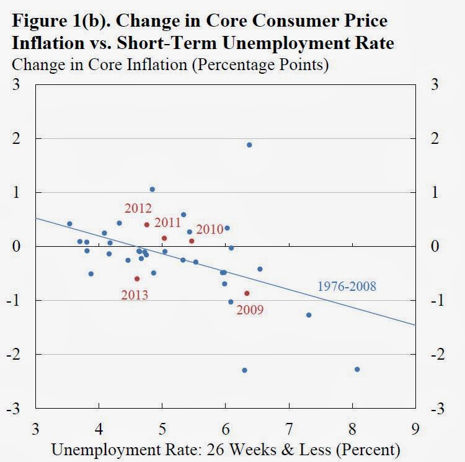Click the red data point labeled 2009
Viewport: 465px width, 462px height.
[247, 293]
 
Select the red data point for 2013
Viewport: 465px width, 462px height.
[137, 279]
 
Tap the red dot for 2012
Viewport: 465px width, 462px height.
[147, 224]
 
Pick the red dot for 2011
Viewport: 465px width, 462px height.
[164, 238]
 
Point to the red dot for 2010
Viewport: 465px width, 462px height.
[192, 241]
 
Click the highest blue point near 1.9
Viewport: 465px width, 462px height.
[249, 145]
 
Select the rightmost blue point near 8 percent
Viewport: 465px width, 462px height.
[357, 369]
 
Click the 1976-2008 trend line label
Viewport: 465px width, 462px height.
[347, 287]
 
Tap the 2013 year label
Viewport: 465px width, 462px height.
[135, 295]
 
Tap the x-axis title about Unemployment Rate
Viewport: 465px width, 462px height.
[225, 448]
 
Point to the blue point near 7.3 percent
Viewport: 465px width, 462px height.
[309, 315]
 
